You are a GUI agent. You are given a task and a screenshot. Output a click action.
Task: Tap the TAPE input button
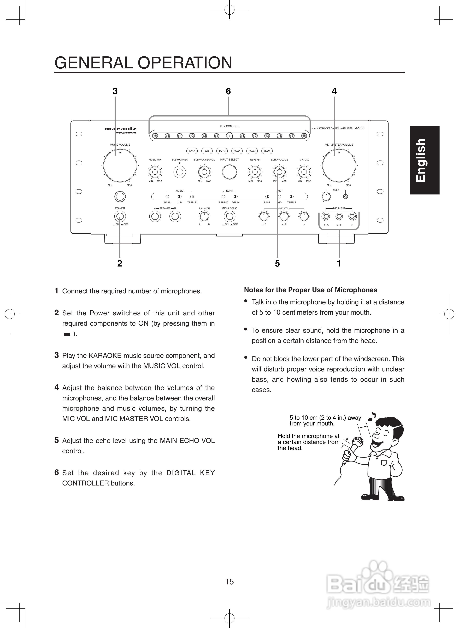tap(222, 151)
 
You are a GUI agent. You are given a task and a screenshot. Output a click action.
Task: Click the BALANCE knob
tap(204, 216)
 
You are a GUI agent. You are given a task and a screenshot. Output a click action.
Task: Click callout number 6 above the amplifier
tap(228, 91)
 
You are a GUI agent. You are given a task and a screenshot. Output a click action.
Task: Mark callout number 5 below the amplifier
tap(277, 263)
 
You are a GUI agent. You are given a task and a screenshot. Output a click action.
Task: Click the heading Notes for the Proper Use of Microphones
tap(310, 290)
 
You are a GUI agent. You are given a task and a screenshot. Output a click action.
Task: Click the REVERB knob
tap(255, 172)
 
